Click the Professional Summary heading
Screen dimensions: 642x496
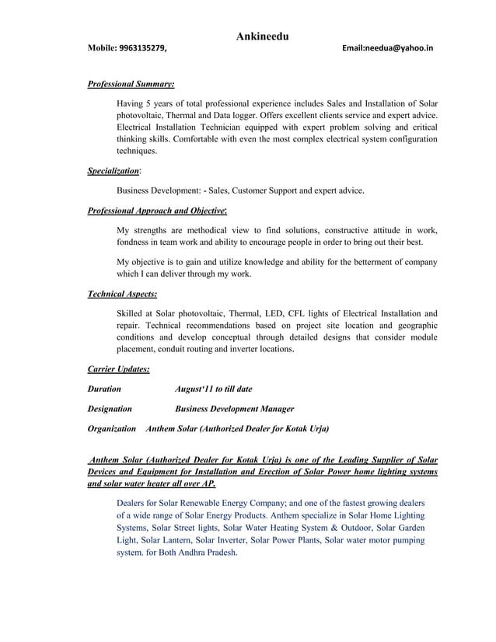(131, 82)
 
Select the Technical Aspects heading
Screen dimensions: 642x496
(122, 294)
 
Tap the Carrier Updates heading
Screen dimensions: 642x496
(119, 369)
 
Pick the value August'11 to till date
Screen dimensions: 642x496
(214, 389)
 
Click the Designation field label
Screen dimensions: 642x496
(110, 408)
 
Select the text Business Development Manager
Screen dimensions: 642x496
(235, 408)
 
